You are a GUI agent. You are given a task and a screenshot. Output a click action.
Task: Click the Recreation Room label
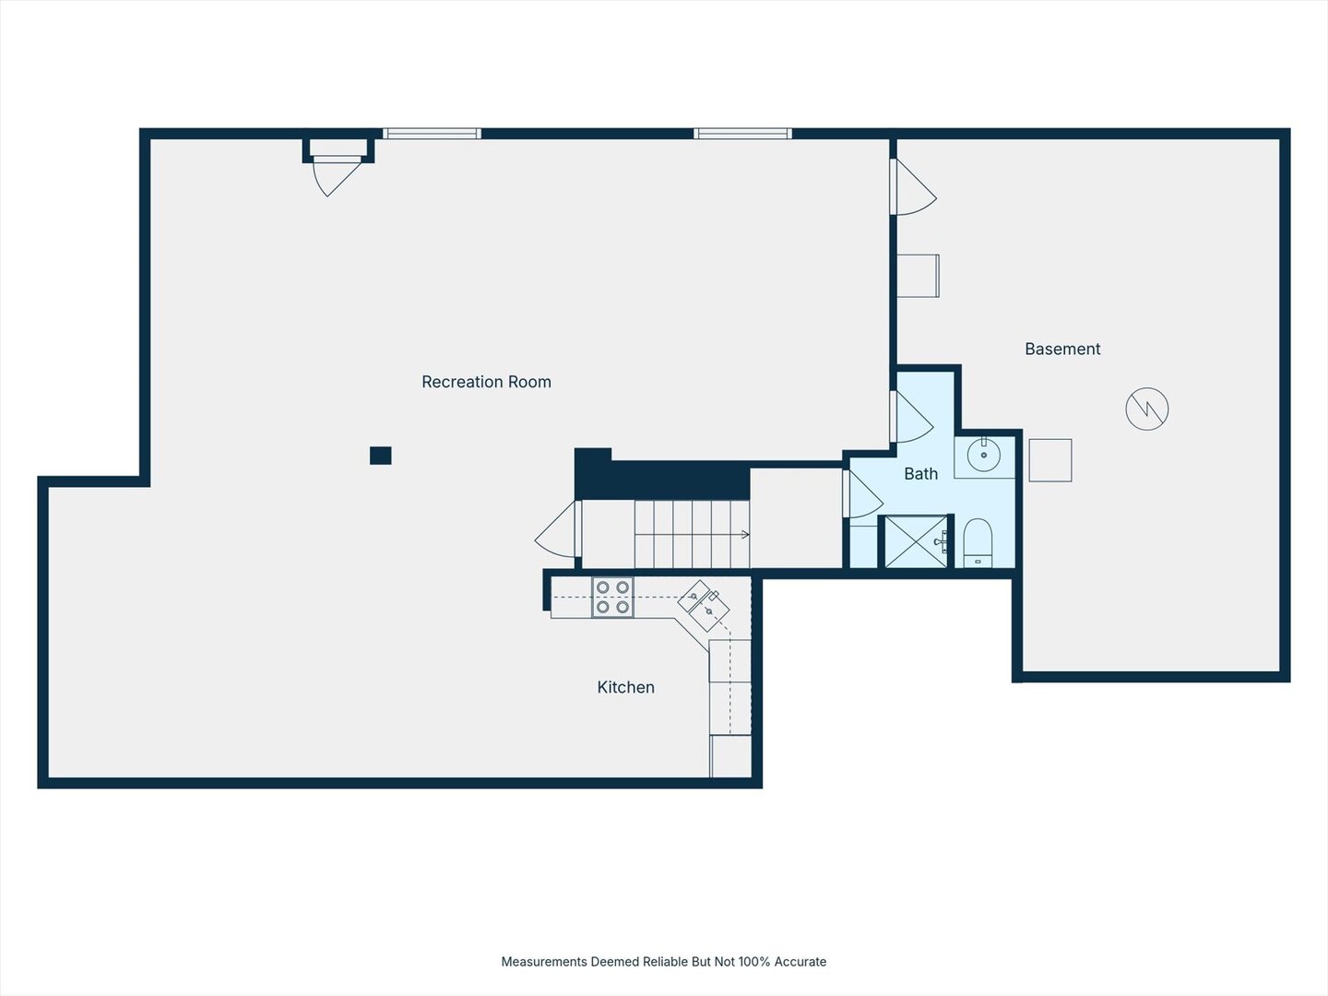[486, 382]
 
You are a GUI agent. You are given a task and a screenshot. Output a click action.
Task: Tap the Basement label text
[1062, 349]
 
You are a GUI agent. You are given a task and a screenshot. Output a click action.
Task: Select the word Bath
[920, 473]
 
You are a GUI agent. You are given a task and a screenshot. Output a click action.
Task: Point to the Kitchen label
[625, 687]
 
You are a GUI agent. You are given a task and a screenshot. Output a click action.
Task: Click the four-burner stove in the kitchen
[612, 597]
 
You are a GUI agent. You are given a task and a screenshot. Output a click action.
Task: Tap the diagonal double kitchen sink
[704, 606]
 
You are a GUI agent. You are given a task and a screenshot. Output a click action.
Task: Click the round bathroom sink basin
[984, 455]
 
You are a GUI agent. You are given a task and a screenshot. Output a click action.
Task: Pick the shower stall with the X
[916, 541]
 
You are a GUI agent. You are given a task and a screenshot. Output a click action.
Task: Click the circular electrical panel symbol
[1147, 409]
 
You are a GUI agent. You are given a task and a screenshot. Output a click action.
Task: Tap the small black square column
[381, 456]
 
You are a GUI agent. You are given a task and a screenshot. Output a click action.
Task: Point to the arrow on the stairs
[693, 535]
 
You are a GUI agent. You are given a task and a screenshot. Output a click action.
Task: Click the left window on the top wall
[432, 134]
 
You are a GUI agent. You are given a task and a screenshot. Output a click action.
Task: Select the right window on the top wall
[743, 134]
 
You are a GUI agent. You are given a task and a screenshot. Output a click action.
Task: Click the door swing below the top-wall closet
[337, 176]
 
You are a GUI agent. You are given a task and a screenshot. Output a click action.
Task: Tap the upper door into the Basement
[914, 187]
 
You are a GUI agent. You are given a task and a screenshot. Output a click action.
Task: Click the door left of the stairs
[558, 529]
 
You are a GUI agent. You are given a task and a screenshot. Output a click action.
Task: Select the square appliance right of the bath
[1050, 460]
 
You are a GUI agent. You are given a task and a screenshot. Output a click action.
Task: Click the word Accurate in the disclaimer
[800, 962]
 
